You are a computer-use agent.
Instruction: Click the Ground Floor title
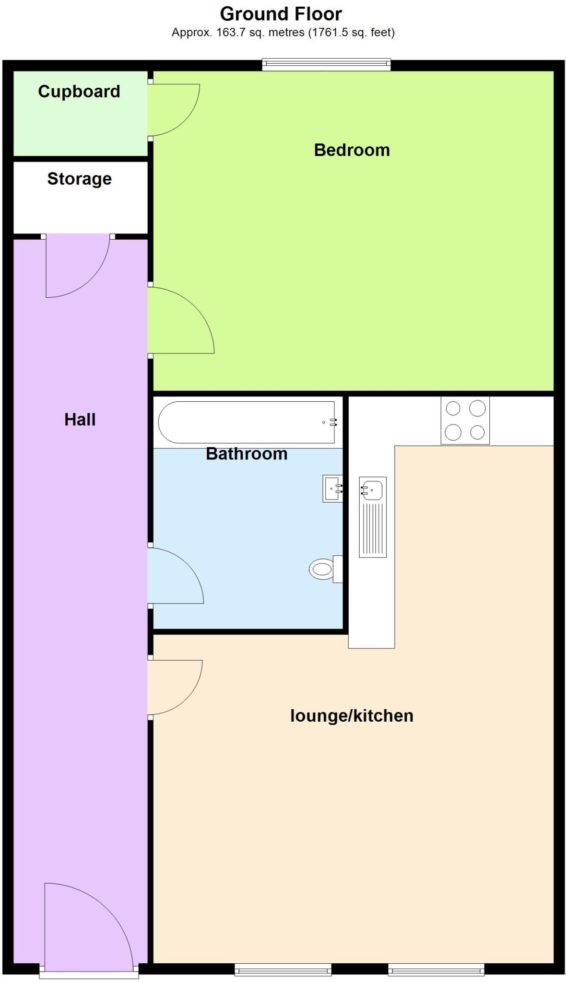(x=281, y=14)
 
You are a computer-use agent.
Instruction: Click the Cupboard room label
(x=79, y=92)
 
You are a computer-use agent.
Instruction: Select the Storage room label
(x=80, y=179)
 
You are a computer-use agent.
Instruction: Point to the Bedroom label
(x=352, y=150)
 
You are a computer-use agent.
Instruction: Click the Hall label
(x=80, y=420)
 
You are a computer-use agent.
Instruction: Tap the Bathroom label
(x=247, y=454)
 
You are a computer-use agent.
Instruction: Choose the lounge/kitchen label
(x=352, y=716)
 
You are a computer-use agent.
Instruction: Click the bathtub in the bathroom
(x=247, y=422)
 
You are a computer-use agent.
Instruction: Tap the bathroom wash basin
(x=332, y=489)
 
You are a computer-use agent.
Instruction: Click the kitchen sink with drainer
(x=373, y=517)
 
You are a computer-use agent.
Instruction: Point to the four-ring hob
(x=465, y=421)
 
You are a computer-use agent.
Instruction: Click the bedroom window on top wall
(x=326, y=64)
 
